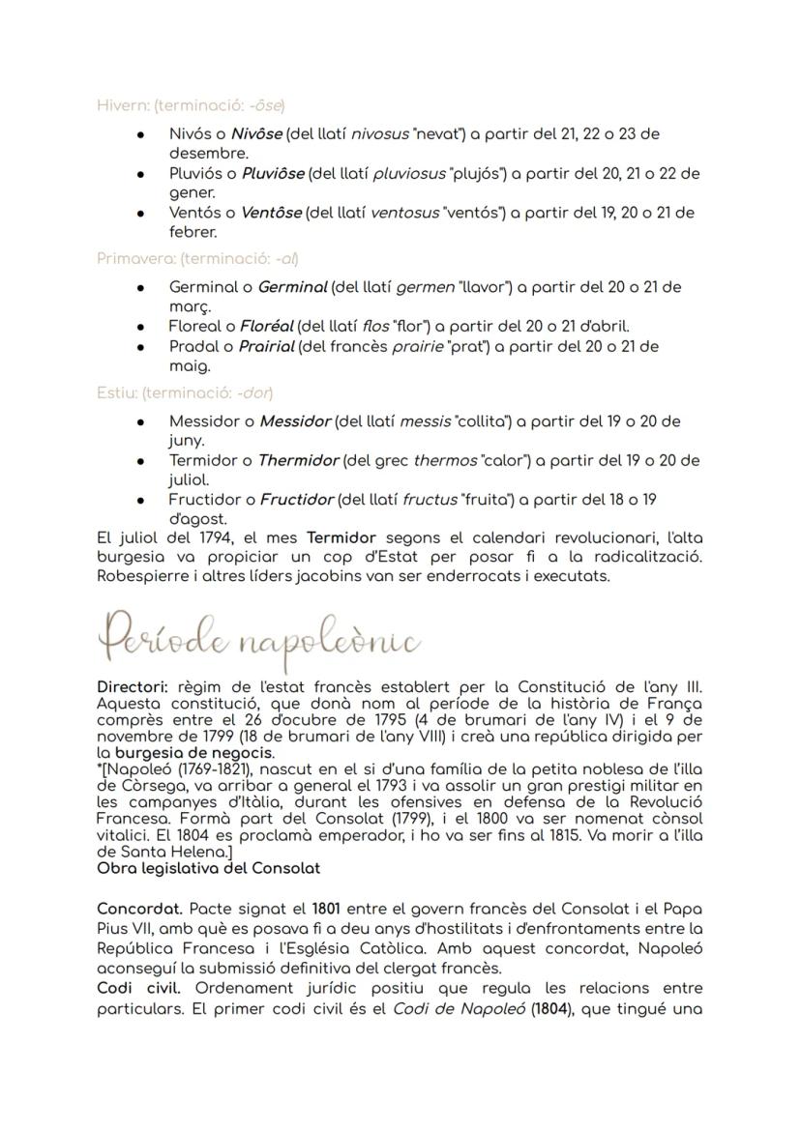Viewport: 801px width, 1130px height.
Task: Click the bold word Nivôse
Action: tap(256, 133)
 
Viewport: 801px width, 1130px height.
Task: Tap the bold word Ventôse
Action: tap(270, 212)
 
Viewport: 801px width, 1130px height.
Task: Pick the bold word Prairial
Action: tap(266, 346)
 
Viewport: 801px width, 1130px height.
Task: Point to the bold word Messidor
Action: tap(295, 421)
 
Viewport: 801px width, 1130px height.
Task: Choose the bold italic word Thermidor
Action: tap(298, 460)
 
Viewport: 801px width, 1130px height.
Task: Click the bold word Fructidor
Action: tap(296, 500)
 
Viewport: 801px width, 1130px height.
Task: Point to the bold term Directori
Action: tap(132, 686)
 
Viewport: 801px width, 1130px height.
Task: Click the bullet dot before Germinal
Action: tap(142, 288)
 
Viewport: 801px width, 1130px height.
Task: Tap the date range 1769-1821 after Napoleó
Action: tap(200, 768)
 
